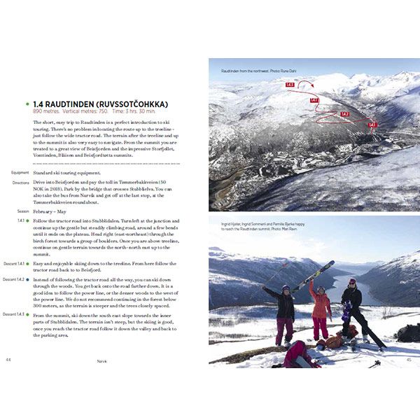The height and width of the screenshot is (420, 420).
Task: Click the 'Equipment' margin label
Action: [x=20, y=172]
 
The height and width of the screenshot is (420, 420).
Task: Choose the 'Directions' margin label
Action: [x=20, y=183]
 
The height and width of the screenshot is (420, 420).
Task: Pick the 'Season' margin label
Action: [x=23, y=211]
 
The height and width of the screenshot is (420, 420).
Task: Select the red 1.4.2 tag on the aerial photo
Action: [x=344, y=113]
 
